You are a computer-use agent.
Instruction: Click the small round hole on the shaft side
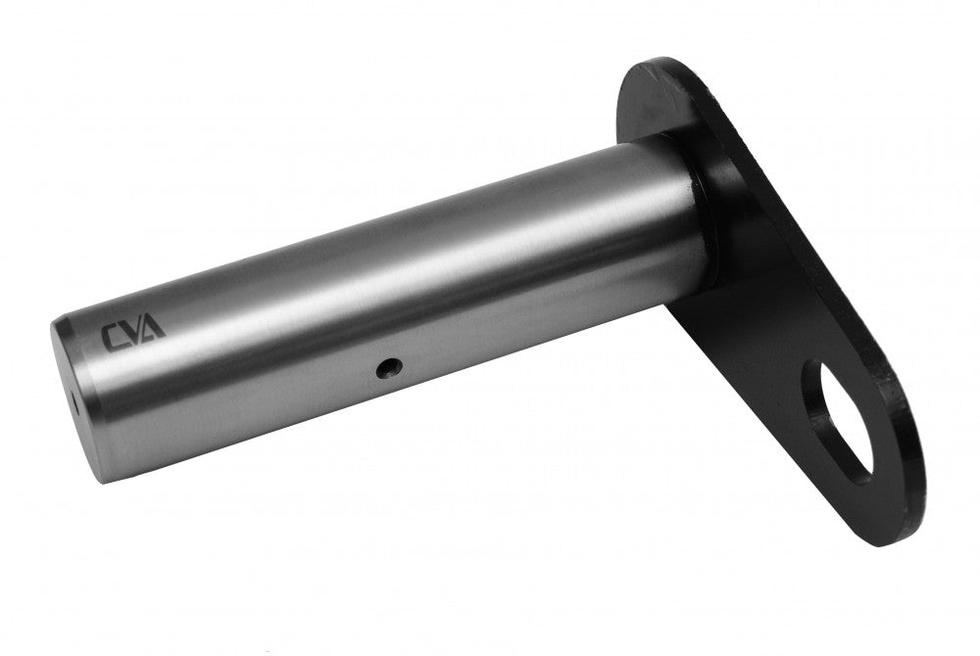coord(389,368)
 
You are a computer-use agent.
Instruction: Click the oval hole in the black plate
coord(839,423)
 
